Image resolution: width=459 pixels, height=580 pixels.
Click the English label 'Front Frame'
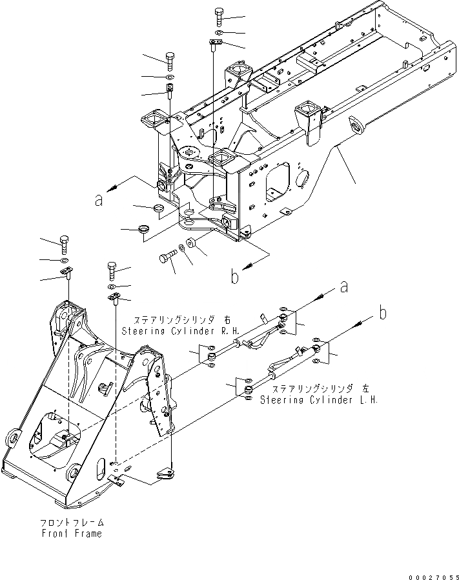78,534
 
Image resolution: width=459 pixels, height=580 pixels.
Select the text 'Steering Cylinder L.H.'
319,399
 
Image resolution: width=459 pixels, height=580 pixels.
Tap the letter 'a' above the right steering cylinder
344,285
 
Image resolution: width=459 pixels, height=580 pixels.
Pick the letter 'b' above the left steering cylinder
383,314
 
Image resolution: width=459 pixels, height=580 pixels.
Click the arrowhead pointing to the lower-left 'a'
112,187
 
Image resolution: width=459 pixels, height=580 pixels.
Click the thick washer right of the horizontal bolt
192,243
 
